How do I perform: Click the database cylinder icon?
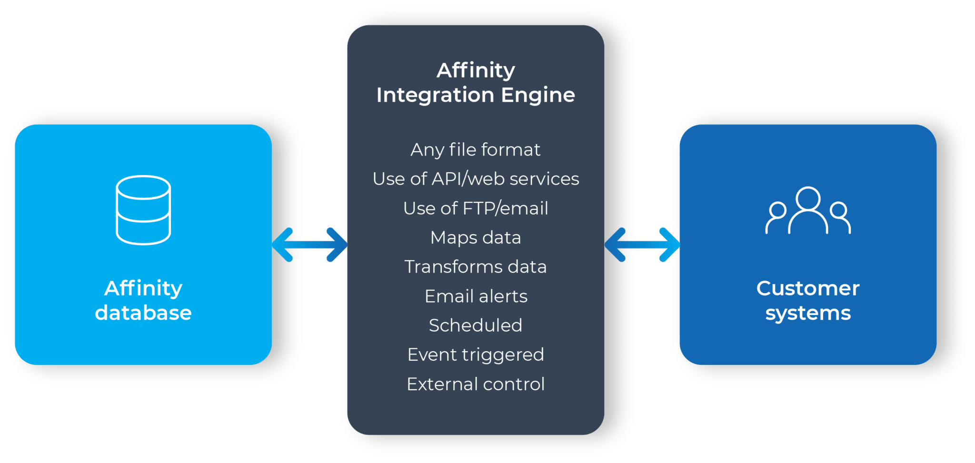[143, 210]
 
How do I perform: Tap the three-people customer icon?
[808, 211]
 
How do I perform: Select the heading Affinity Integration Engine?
[476, 82]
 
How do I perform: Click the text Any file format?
[476, 149]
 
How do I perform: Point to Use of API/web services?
[476, 179]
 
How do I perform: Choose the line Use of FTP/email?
[476, 208]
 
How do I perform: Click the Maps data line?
[476, 237]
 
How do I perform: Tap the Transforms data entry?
[476, 267]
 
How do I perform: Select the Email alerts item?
[476, 296]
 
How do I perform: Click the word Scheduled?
[476, 325]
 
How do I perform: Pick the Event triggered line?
[476, 355]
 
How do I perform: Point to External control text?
[476, 384]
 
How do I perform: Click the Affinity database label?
[143, 300]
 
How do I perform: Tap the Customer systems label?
[808, 300]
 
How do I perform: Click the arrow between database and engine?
[309, 245]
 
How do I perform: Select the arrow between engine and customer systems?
[642, 245]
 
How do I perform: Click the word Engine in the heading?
[538, 95]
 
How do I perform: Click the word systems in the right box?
[808, 313]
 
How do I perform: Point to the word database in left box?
[143, 313]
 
